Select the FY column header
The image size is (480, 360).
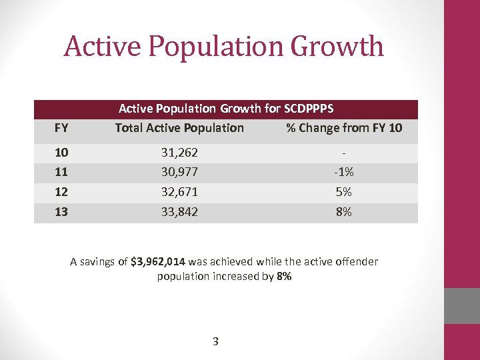tap(61, 127)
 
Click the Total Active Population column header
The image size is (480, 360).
tap(179, 127)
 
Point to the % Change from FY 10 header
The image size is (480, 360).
tap(344, 127)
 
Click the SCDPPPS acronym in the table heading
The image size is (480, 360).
tap(309, 108)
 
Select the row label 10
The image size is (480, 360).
tap(61, 153)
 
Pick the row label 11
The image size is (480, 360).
tap(61, 172)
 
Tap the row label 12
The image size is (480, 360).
tap(61, 192)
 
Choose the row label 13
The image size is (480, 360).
tap(61, 212)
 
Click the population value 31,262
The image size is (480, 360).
tap(179, 153)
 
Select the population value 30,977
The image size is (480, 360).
tap(179, 172)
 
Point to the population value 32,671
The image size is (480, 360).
tap(179, 192)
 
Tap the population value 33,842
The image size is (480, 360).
tap(179, 212)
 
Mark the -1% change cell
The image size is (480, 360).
tap(344, 172)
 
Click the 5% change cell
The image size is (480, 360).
tap(344, 192)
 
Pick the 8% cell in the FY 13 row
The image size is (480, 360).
tap(344, 212)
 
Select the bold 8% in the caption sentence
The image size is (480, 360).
tap(283, 276)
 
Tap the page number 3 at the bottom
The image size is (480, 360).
tap(215, 342)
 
